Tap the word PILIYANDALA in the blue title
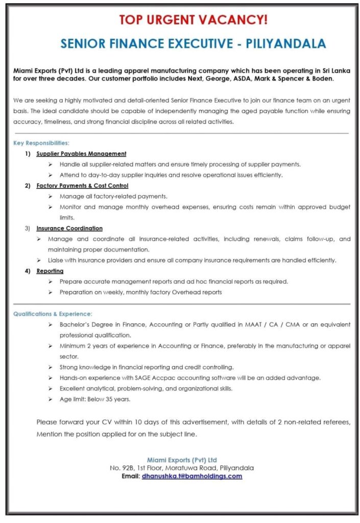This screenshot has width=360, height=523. click(x=285, y=43)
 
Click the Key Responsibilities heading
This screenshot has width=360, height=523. click(x=41, y=143)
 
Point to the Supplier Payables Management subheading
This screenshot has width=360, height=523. click(x=81, y=154)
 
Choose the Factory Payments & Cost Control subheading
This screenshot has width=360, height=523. click(x=82, y=186)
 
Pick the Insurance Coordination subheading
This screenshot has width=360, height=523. click(x=69, y=228)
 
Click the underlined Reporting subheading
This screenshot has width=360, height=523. click(x=50, y=271)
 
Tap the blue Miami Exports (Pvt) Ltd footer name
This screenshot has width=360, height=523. click(x=182, y=460)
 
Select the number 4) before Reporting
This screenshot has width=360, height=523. click(x=28, y=271)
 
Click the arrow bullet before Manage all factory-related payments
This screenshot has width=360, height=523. click(x=50, y=196)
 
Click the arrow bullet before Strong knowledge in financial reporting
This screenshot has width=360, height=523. click(x=50, y=367)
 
